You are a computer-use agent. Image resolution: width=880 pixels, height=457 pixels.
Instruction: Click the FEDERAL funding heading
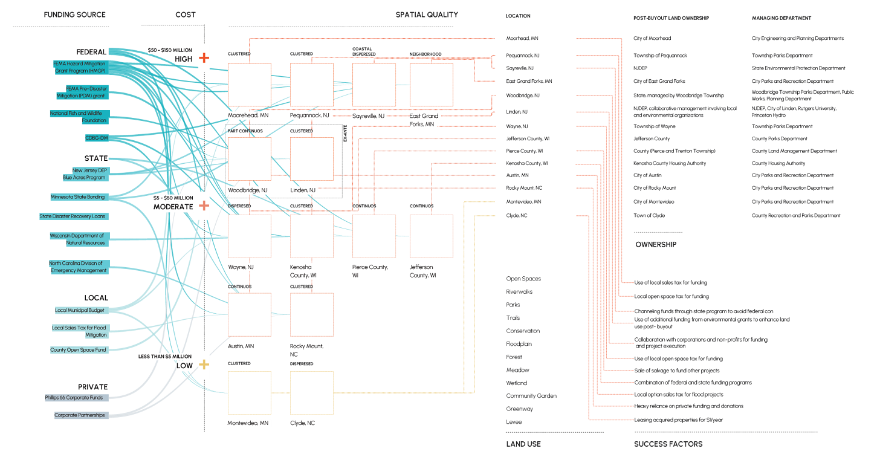(91, 52)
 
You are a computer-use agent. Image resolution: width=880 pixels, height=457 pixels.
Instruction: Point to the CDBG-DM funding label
(96, 138)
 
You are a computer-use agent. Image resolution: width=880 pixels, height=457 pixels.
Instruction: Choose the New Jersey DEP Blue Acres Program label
(85, 174)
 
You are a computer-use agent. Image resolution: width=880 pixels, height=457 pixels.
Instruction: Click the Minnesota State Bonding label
(78, 197)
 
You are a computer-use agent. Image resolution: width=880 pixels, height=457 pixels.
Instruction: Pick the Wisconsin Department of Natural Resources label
(77, 239)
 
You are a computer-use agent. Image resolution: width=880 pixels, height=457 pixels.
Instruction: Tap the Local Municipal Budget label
(79, 310)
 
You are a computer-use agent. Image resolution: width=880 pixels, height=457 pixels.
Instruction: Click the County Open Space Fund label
(78, 350)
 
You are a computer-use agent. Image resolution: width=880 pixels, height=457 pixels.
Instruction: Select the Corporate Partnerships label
(79, 415)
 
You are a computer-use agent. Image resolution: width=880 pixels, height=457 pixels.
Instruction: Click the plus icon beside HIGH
(204, 58)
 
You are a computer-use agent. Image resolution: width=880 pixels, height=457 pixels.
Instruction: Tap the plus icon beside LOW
(204, 365)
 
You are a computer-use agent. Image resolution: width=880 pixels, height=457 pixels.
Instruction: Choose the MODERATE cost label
(173, 207)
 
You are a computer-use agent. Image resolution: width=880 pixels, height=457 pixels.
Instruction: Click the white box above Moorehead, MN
(249, 85)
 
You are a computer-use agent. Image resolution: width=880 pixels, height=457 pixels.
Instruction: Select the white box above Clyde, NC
(311, 393)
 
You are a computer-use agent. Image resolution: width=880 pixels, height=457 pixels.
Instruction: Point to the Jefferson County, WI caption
(422, 271)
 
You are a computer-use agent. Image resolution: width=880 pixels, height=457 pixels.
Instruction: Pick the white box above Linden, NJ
(311, 159)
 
